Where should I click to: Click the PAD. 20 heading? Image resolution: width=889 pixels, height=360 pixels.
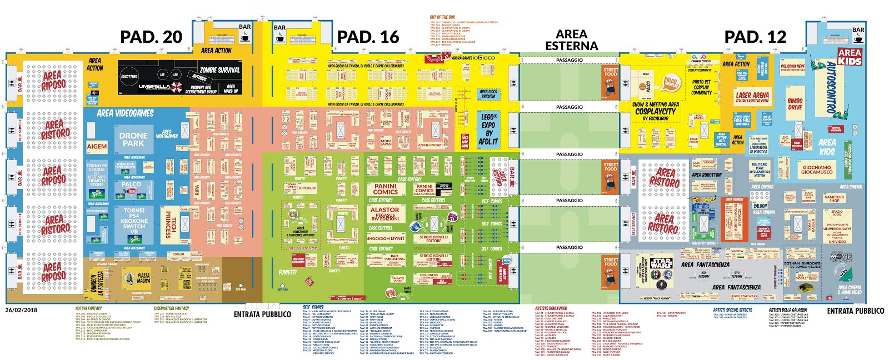(x=151, y=37)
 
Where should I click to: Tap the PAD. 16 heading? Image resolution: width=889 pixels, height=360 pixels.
(x=368, y=37)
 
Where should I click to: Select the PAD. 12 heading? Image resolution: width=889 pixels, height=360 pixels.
(x=755, y=37)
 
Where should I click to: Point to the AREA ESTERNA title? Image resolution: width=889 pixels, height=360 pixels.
(x=571, y=40)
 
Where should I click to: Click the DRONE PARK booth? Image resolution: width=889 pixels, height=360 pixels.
(x=133, y=139)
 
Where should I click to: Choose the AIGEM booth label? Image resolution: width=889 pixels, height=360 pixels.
(x=97, y=147)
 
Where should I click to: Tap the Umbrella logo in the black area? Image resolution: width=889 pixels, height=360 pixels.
(x=154, y=87)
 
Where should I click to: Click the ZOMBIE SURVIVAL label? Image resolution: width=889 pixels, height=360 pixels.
(x=220, y=70)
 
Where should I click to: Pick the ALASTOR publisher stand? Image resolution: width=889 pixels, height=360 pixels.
(x=384, y=213)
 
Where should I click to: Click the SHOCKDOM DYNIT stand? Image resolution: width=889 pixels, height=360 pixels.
(x=386, y=238)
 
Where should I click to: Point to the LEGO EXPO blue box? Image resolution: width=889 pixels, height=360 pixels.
(x=488, y=129)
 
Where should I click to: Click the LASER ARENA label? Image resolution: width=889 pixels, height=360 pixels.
(x=752, y=97)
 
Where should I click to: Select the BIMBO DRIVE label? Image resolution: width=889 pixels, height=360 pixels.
(x=795, y=104)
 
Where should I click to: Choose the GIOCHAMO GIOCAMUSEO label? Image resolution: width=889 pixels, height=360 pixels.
(x=816, y=169)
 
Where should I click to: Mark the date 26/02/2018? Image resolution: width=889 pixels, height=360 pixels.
(x=21, y=310)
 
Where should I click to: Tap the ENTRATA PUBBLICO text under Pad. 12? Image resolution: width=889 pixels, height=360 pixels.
(x=855, y=311)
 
